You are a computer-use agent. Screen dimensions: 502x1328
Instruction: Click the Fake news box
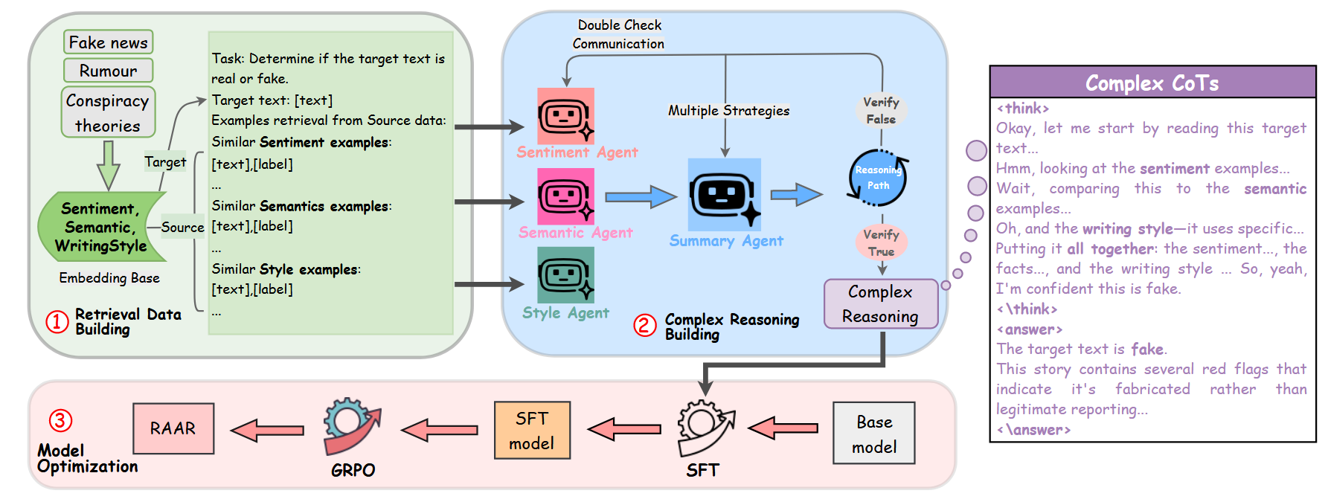pos(109,42)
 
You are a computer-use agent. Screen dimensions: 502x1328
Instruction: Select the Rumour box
pos(109,71)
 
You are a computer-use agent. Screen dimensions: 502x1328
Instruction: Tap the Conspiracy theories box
pos(108,112)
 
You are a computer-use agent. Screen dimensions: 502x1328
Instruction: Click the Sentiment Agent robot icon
pos(565,116)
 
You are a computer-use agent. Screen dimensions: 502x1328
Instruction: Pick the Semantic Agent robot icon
pos(565,196)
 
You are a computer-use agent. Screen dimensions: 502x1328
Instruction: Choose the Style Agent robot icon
pos(565,275)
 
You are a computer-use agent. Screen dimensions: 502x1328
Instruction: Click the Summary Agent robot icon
pos(724,195)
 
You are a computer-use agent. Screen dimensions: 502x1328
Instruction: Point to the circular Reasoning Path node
pos(878,178)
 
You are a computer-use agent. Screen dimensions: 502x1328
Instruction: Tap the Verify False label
pos(881,110)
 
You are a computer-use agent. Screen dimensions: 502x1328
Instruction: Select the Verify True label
pos(881,242)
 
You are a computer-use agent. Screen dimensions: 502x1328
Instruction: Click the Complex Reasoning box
pos(880,303)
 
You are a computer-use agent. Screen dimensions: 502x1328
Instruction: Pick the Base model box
pos(874,434)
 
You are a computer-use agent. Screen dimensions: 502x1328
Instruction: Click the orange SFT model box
pos(532,431)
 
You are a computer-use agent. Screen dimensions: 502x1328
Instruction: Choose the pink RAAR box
pos(173,428)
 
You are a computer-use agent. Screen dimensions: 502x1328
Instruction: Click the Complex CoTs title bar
pos(1152,82)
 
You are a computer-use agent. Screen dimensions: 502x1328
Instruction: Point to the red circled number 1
pos(57,321)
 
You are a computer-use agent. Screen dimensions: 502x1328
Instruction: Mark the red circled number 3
pos(60,420)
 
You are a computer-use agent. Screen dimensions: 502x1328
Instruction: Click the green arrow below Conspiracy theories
pos(109,165)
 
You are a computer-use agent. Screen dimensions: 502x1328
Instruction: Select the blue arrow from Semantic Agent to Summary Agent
pos(641,197)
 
